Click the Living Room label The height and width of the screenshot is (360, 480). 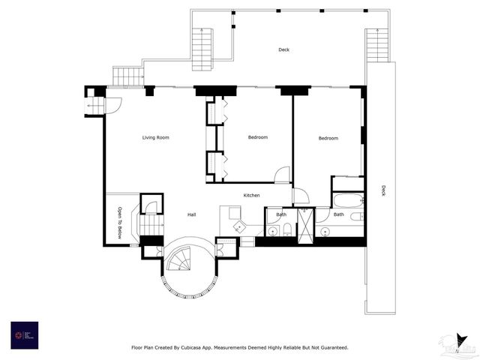(x=156, y=137)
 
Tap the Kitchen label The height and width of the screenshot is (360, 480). (x=251, y=196)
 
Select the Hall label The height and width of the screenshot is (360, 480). (x=191, y=215)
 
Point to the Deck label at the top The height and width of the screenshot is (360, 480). (x=283, y=50)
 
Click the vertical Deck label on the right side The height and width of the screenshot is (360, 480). (x=383, y=190)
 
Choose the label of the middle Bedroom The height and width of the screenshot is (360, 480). (x=258, y=137)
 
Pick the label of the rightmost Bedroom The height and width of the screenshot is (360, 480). (x=328, y=138)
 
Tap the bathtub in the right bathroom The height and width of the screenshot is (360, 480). (x=348, y=200)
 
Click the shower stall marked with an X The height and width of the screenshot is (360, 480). (x=306, y=222)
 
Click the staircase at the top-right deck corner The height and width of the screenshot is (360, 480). (x=377, y=45)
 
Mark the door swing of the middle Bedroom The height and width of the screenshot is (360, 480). (x=283, y=175)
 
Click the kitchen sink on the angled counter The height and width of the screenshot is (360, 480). (x=239, y=226)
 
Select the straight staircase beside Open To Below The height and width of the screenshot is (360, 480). (x=151, y=225)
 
